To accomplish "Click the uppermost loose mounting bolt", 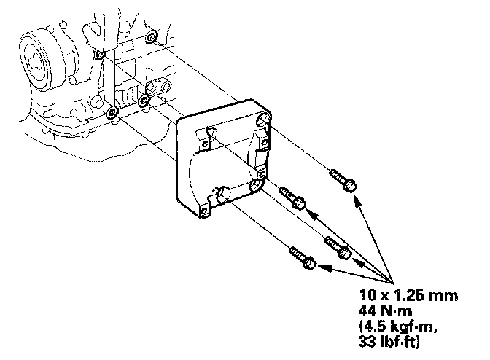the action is pos(343,179).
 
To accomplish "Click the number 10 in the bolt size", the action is pos(367,296).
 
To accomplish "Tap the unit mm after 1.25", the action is pos(443,296).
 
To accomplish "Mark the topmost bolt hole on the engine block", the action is pos(151,36).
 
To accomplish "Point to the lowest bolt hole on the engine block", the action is pos(112,113).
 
